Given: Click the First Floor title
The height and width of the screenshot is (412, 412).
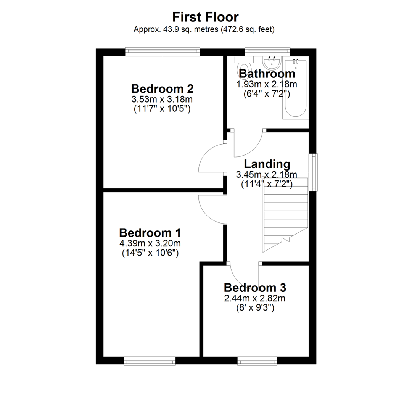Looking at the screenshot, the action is point(206,17).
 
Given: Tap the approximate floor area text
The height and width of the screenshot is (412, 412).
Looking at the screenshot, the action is point(204,29).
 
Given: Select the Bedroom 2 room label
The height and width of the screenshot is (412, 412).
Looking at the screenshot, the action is point(163,89).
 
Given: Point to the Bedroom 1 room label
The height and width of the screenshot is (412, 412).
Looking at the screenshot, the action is point(150,233).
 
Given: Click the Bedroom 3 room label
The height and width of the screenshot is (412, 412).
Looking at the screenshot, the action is point(255,288).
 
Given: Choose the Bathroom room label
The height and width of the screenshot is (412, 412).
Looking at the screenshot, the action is point(267,74).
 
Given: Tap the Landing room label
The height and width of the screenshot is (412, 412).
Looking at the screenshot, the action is point(267,164).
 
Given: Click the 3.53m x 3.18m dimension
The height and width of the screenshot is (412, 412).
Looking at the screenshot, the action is point(162,99).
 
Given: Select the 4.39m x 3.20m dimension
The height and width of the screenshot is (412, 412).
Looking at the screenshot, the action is point(150,243).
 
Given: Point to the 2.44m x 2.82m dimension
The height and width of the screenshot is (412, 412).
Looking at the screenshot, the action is point(254,298).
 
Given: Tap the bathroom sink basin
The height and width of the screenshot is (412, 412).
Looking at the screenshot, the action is point(272,63).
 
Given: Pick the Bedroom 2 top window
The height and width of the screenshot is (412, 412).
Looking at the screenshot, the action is point(163,52).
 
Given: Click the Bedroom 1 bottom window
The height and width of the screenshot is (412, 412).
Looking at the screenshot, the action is point(150,361).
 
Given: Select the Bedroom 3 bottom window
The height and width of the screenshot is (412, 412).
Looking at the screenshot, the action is point(257,361).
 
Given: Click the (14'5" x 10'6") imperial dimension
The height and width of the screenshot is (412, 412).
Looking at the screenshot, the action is point(150,253).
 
